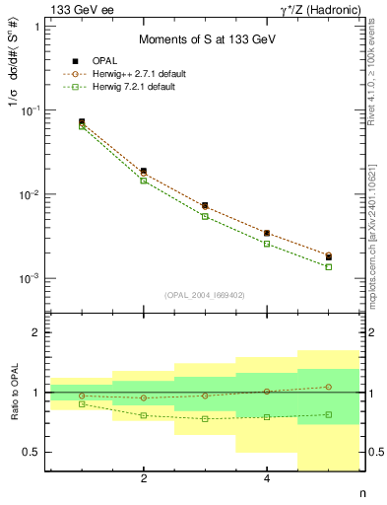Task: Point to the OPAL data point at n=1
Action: (x=82, y=122)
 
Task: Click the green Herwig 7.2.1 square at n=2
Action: (x=144, y=180)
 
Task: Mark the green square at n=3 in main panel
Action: (x=205, y=216)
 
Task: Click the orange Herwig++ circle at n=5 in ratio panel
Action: (x=329, y=387)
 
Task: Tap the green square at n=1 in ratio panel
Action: (x=82, y=404)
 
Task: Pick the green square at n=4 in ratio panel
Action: (x=267, y=416)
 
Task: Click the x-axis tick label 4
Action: (x=267, y=479)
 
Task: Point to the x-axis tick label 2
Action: (x=144, y=479)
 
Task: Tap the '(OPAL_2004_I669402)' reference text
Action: (x=205, y=294)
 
